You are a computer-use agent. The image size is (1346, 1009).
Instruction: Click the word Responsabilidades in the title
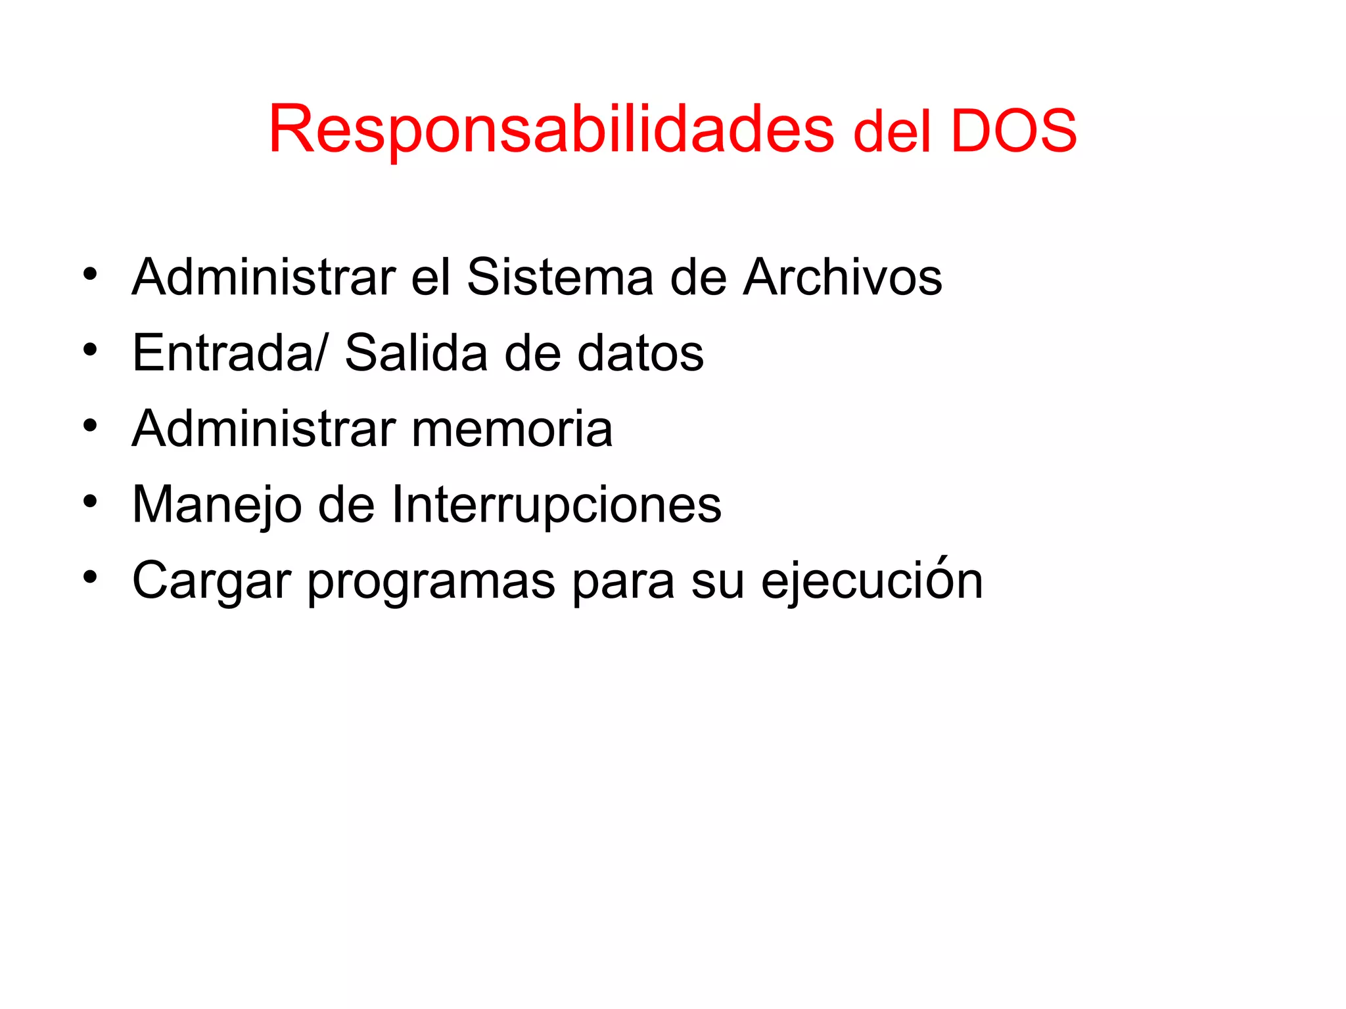(x=551, y=129)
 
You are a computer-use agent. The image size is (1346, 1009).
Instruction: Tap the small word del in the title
(x=892, y=133)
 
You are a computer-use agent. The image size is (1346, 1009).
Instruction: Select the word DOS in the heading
(x=1013, y=131)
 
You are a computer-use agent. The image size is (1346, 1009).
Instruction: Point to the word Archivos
(x=843, y=277)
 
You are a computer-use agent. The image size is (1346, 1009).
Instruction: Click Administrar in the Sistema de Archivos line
(x=264, y=277)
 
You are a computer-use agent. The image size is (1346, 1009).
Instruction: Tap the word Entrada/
(x=229, y=353)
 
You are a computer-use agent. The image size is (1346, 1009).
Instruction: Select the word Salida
(x=416, y=353)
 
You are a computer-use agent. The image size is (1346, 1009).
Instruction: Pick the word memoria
(x=512, y=429)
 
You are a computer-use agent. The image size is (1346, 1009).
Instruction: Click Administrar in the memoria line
(x=264, y=429)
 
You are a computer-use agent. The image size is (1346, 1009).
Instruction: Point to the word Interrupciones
(x=556, y=504)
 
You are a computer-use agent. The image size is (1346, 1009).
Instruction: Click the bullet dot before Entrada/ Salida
(x=90, y=349)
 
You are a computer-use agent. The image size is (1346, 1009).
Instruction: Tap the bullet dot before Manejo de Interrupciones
(x=90, y=502)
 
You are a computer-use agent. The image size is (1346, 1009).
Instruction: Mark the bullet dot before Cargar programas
(x=90, y=577)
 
